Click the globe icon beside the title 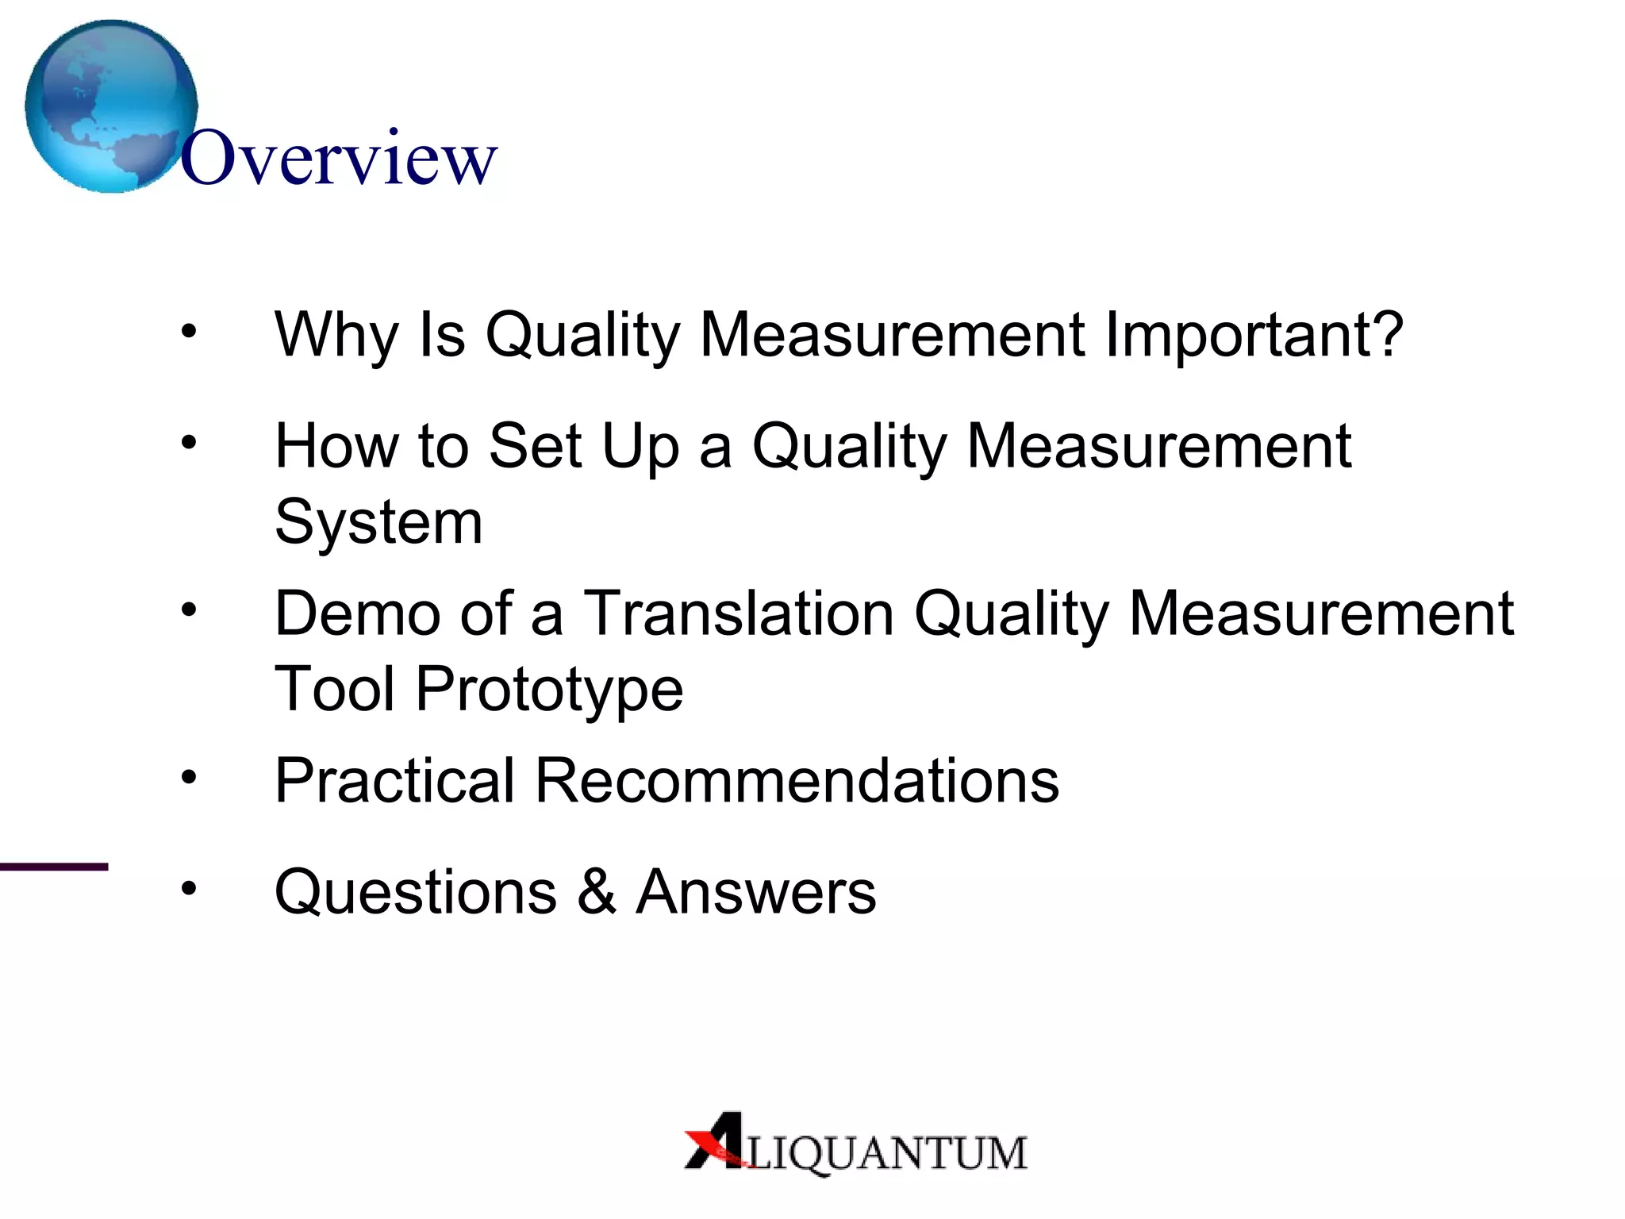tap(111, 106)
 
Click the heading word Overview tap(339, 159)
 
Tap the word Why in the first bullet tap(336, 335)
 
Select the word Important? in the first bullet tap(1254, 335)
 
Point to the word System tap(378, 522)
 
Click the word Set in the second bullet tap(536, 446)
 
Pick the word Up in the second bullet tap(640, 448)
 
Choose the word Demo tap(357, 613)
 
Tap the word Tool tap(334, 688)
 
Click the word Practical tap(395, 781)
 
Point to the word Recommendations tap(797, 781)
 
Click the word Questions tap(416, 892)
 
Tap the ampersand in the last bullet tap(597, 891)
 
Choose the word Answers tap(756, 892)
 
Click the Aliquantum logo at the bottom tap(855, 1144)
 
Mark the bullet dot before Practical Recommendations tap(188, 776)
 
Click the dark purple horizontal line tap(54, 867)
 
